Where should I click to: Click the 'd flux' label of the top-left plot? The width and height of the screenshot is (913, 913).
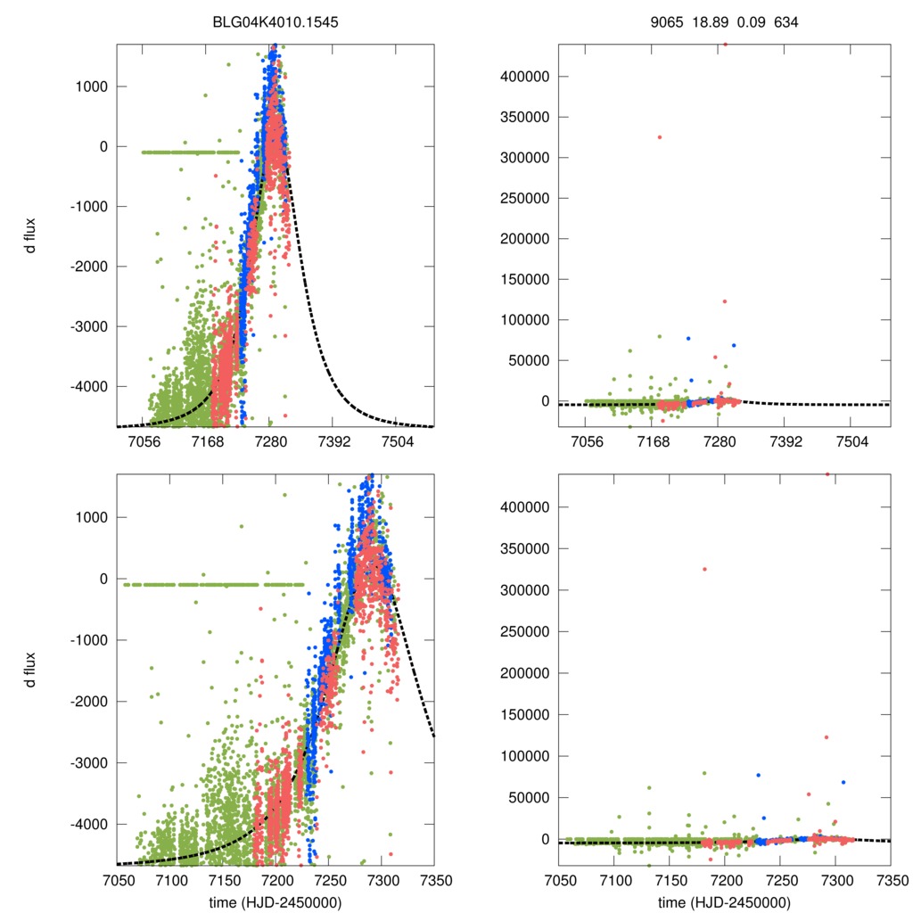pos(31,235)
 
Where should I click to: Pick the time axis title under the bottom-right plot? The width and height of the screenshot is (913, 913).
pos(724,901)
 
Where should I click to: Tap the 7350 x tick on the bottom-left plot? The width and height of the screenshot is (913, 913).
pos(434,880)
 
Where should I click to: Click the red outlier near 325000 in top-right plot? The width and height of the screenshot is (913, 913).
pos(660,136)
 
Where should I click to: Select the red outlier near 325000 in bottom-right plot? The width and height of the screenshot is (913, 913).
pos(704,569)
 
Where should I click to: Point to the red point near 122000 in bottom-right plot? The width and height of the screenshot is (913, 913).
pos(827,737)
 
